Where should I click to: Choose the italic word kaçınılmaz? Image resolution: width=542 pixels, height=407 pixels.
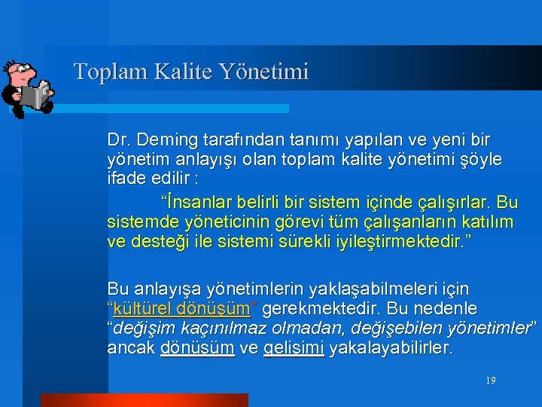click(224, 329)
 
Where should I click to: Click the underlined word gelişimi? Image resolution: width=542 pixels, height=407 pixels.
click(294, 348)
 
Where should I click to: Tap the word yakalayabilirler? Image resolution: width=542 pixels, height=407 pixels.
click(391, 348)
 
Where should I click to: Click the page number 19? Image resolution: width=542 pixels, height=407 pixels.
click(491, 381)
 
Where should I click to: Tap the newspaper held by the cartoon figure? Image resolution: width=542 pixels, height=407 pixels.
click(34, 96)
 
